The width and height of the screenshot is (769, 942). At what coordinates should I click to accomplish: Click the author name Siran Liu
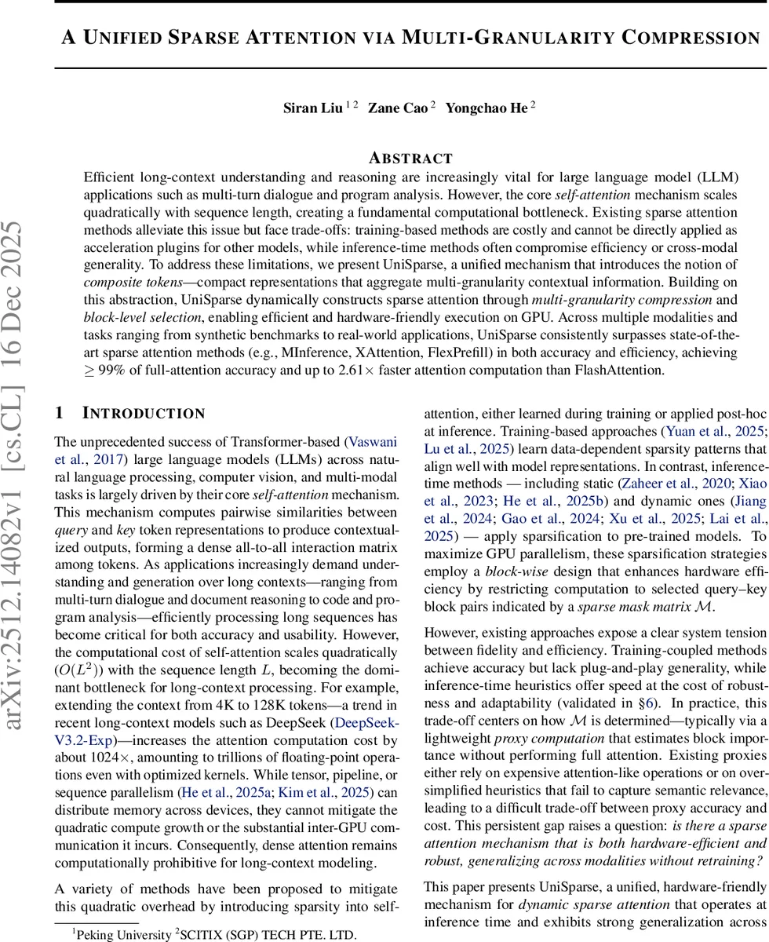[x=312, y=109]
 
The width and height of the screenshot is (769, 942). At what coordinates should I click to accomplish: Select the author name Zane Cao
[x=399, y=109]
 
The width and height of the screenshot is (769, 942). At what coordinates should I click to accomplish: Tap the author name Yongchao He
[x=486, y=109]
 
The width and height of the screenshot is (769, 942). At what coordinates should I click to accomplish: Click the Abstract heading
[x=411, y=158]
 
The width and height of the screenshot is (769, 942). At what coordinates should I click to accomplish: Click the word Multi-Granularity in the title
[x=509, y=38]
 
